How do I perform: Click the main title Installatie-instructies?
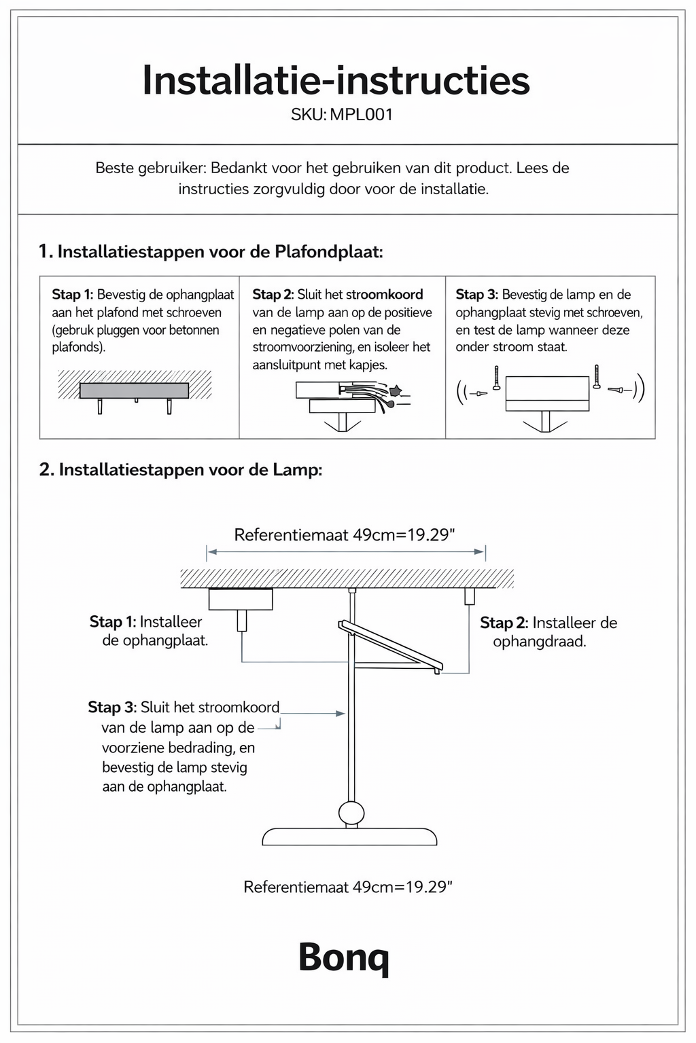(x=336, y=81)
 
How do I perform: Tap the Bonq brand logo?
(x=344, y=957)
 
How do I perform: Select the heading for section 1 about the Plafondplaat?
(x=211, y=252)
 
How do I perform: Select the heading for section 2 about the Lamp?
(x=181, y=470)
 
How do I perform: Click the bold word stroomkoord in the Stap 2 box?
(x=384, y=295)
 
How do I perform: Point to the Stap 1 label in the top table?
(x=72, y=295)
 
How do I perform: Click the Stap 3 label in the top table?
(x=476, y=295)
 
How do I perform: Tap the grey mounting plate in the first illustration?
(x=134, y=390)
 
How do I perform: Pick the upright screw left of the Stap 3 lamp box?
(x=497, y=378)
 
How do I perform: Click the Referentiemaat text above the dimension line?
(x=345, y=535)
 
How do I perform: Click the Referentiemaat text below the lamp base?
(x=348, y=888)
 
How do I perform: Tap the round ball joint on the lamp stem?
(x=351, y=812)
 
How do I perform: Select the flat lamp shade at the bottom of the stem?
(x=349, y=837)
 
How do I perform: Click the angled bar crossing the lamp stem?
(x=390, y=646)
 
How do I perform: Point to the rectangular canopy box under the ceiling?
(x=241, y=599)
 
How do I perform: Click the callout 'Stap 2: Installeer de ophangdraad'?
(x=548, y=632)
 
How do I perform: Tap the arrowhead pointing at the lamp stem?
(x=341, y=714)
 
